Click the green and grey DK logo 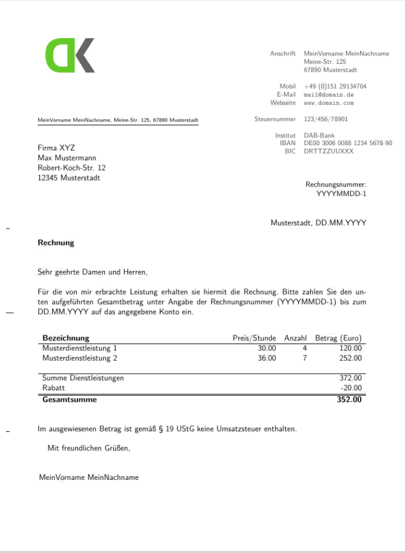coord(70,55)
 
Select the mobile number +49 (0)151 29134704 coord(335,87)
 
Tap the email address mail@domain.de coord(328,95)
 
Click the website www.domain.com coord(329,103)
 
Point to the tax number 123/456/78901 coord(326,119)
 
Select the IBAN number coord(348,143)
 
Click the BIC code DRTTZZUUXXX coord(328,151)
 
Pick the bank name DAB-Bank coord(319,135)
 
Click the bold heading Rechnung coord(56,243)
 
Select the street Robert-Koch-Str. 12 coord(71,168)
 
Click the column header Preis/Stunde coord(254,338)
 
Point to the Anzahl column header coord(295,338)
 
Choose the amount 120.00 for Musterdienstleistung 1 coord(350,348)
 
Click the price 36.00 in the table coord(267,358)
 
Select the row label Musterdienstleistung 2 coord(79,358)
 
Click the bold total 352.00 coord(349,399)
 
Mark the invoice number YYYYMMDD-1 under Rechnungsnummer coord(341,194)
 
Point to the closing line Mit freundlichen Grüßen coord(88,448)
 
